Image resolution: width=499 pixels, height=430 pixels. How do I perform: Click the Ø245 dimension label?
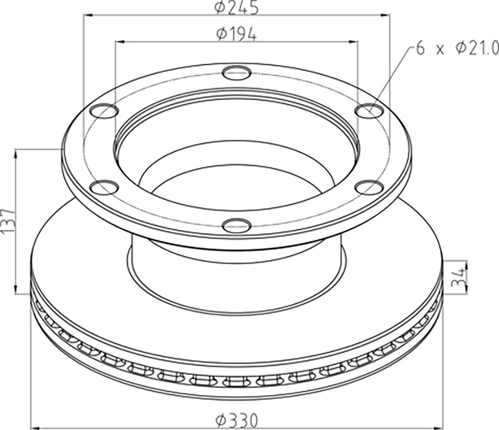[236, 8]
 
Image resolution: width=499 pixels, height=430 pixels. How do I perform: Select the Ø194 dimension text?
[236, 34]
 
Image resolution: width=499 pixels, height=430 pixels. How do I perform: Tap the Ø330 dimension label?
[236, 420]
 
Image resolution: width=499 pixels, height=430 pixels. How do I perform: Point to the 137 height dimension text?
[7, 222]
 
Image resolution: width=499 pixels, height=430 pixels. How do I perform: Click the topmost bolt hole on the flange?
[236, 73]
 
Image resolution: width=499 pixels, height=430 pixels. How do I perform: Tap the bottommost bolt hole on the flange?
[236, 226]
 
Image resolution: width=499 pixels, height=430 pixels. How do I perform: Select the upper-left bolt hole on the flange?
[104, 111]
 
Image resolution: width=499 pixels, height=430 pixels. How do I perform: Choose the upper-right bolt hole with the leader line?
[369, 111]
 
